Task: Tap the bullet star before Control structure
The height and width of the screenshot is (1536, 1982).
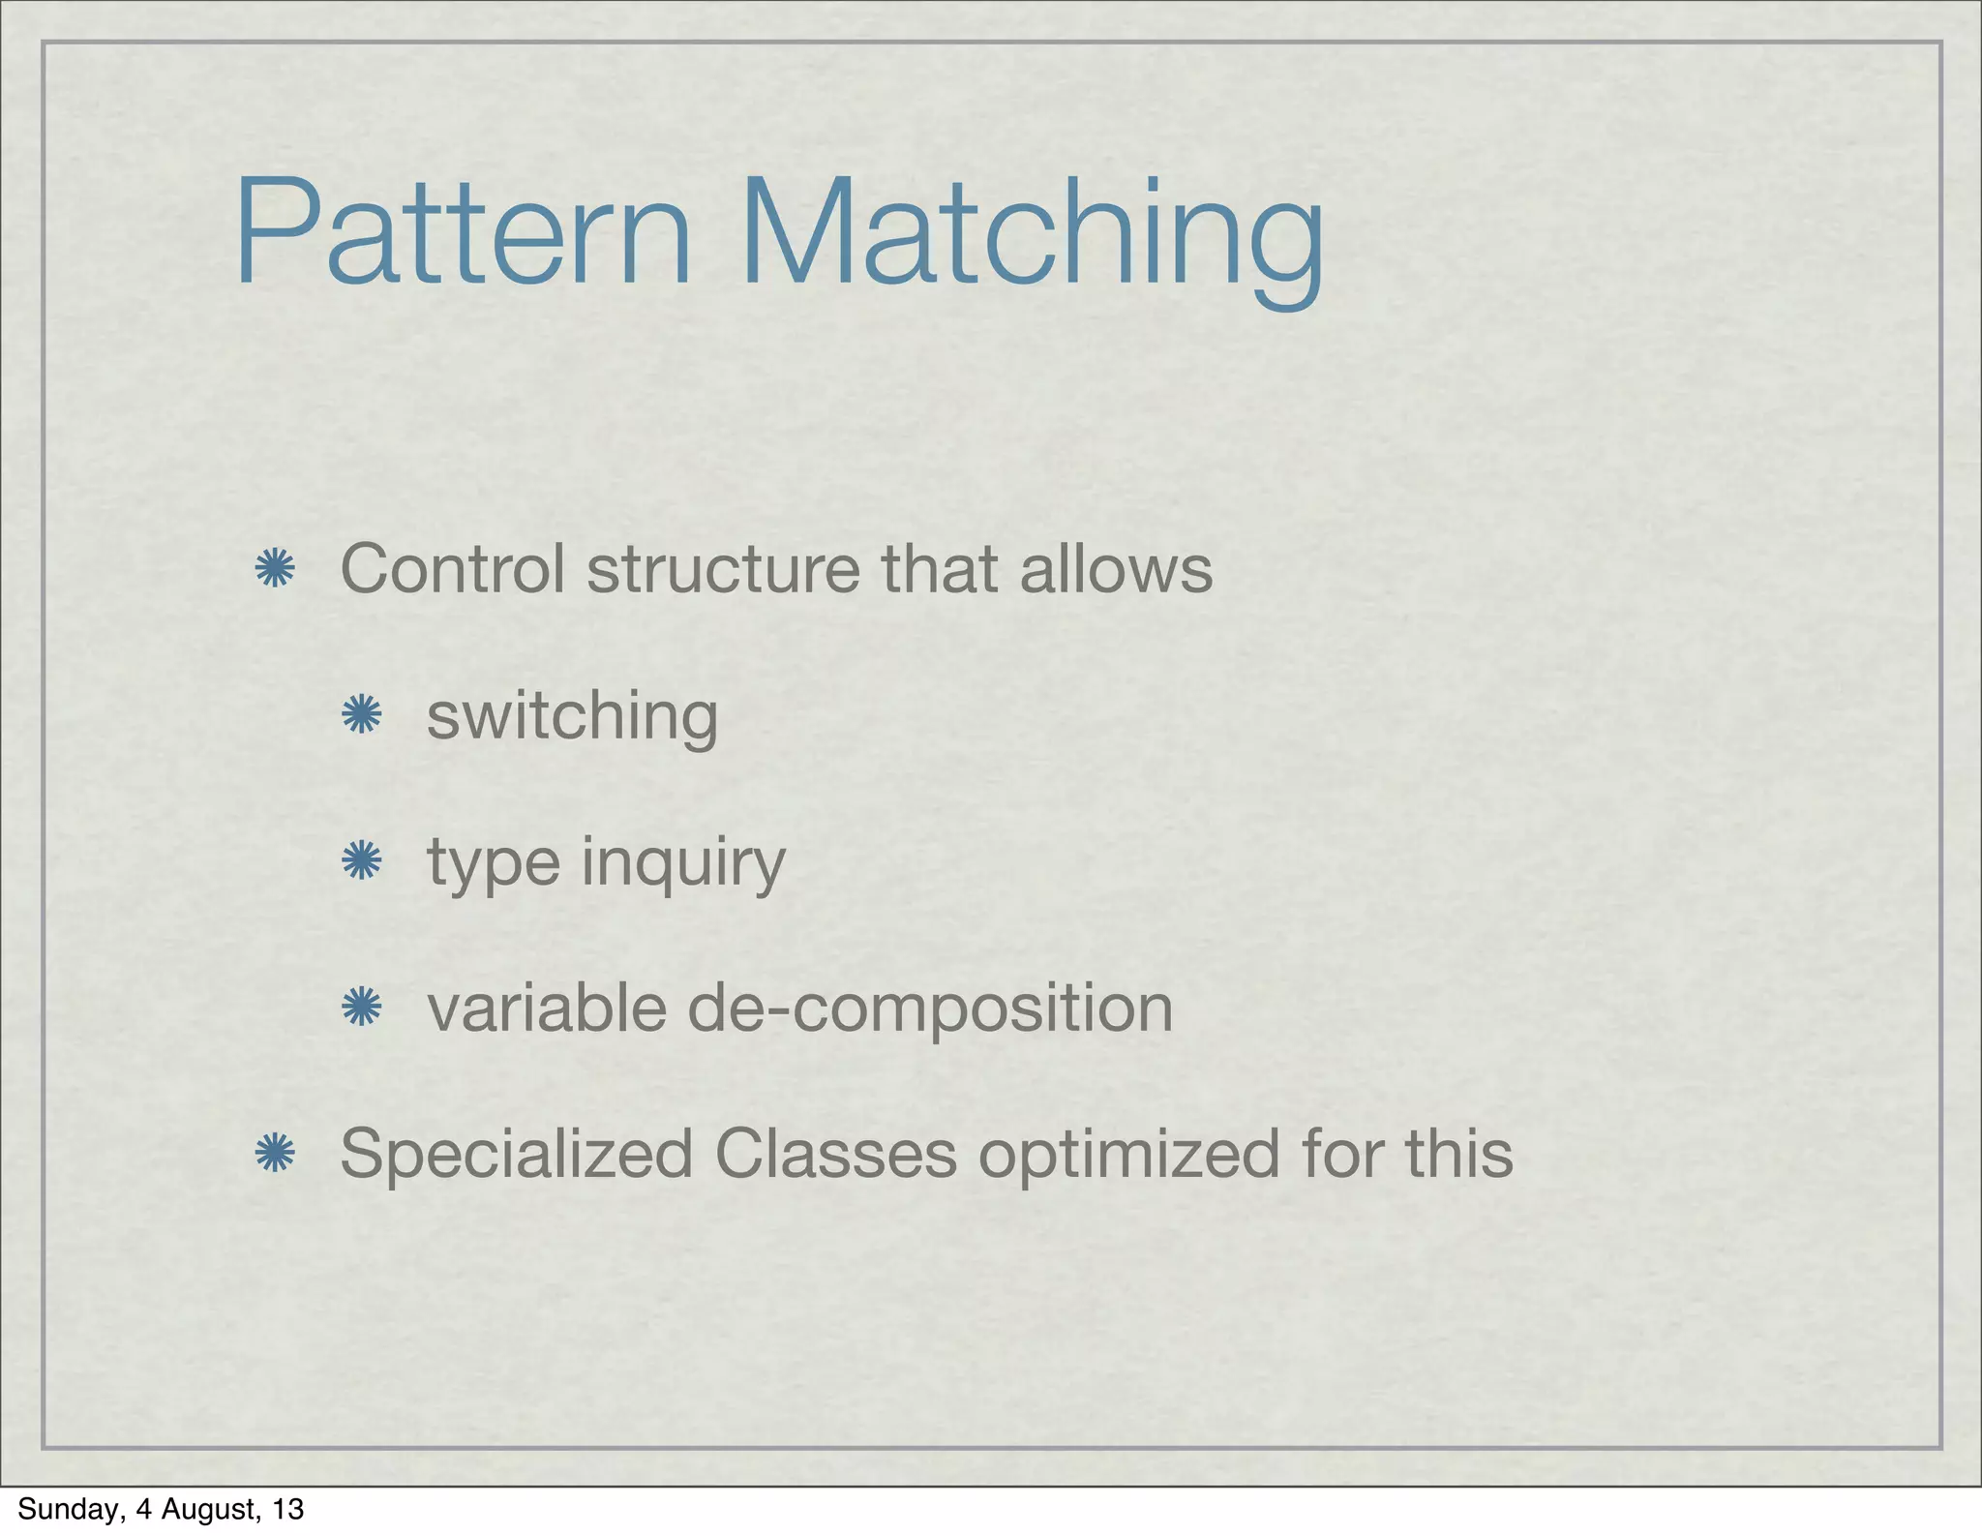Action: pyautogui.click(x=274, y=569)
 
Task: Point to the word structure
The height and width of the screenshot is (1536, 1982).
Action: pyautogui.click(x=723, y=569)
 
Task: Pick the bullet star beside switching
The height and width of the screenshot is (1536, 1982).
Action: pyautogui.click(x=361, y=716)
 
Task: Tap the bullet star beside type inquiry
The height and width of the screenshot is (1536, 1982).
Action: pyautogui.click(x=361, y=859)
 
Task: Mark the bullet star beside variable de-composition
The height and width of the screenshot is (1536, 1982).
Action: pyautogui.click(x=361, y=1008)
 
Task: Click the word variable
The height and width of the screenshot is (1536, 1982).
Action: pyautogui.click(x=547, y=1008)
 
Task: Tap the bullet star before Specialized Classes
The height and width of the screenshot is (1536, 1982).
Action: pyautogui.click(x=274, y=1153)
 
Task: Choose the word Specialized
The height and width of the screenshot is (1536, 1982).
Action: pyautogui.click(x=516, y=1155)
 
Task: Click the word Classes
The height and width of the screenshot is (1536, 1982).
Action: pyautogui.click(x=835, y=1153)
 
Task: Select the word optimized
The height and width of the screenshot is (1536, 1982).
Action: pyautogui.click(x=1128, y=1155)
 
